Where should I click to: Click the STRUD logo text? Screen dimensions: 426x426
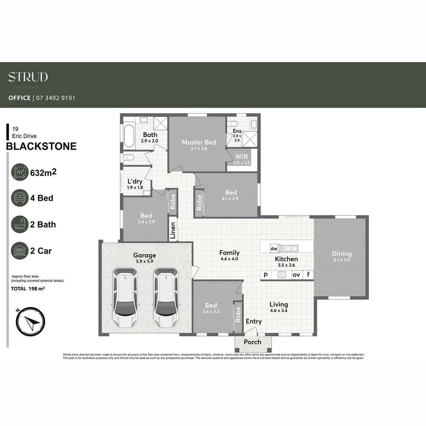(x=28, y=77)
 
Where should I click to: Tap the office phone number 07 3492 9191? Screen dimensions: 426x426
(x=56, y=98)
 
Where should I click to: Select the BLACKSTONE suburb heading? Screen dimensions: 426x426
(x=41, y=146)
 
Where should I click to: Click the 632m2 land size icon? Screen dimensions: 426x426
(x=20, y=172)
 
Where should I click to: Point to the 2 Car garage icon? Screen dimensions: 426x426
(x=20, y=251)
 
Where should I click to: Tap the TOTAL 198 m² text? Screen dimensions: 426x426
(x=27, y=289)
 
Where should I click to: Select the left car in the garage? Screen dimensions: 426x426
(x=125, y=297)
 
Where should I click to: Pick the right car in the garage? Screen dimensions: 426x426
(x=166, y=297)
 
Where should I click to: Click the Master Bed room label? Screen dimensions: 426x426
(x=199, y=142)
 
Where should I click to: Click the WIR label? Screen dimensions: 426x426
(x=242, y=157)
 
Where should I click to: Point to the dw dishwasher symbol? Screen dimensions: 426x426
(x=274, y=248)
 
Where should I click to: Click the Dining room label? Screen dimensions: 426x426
(x=342, y=254)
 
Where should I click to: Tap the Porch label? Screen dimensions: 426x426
(x=252, y=342)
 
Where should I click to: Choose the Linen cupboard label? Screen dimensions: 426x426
(x=172, y=231)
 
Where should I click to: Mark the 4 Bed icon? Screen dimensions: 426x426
(x=20, y=198)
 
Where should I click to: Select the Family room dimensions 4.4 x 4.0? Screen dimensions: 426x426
(x=229, y=259)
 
